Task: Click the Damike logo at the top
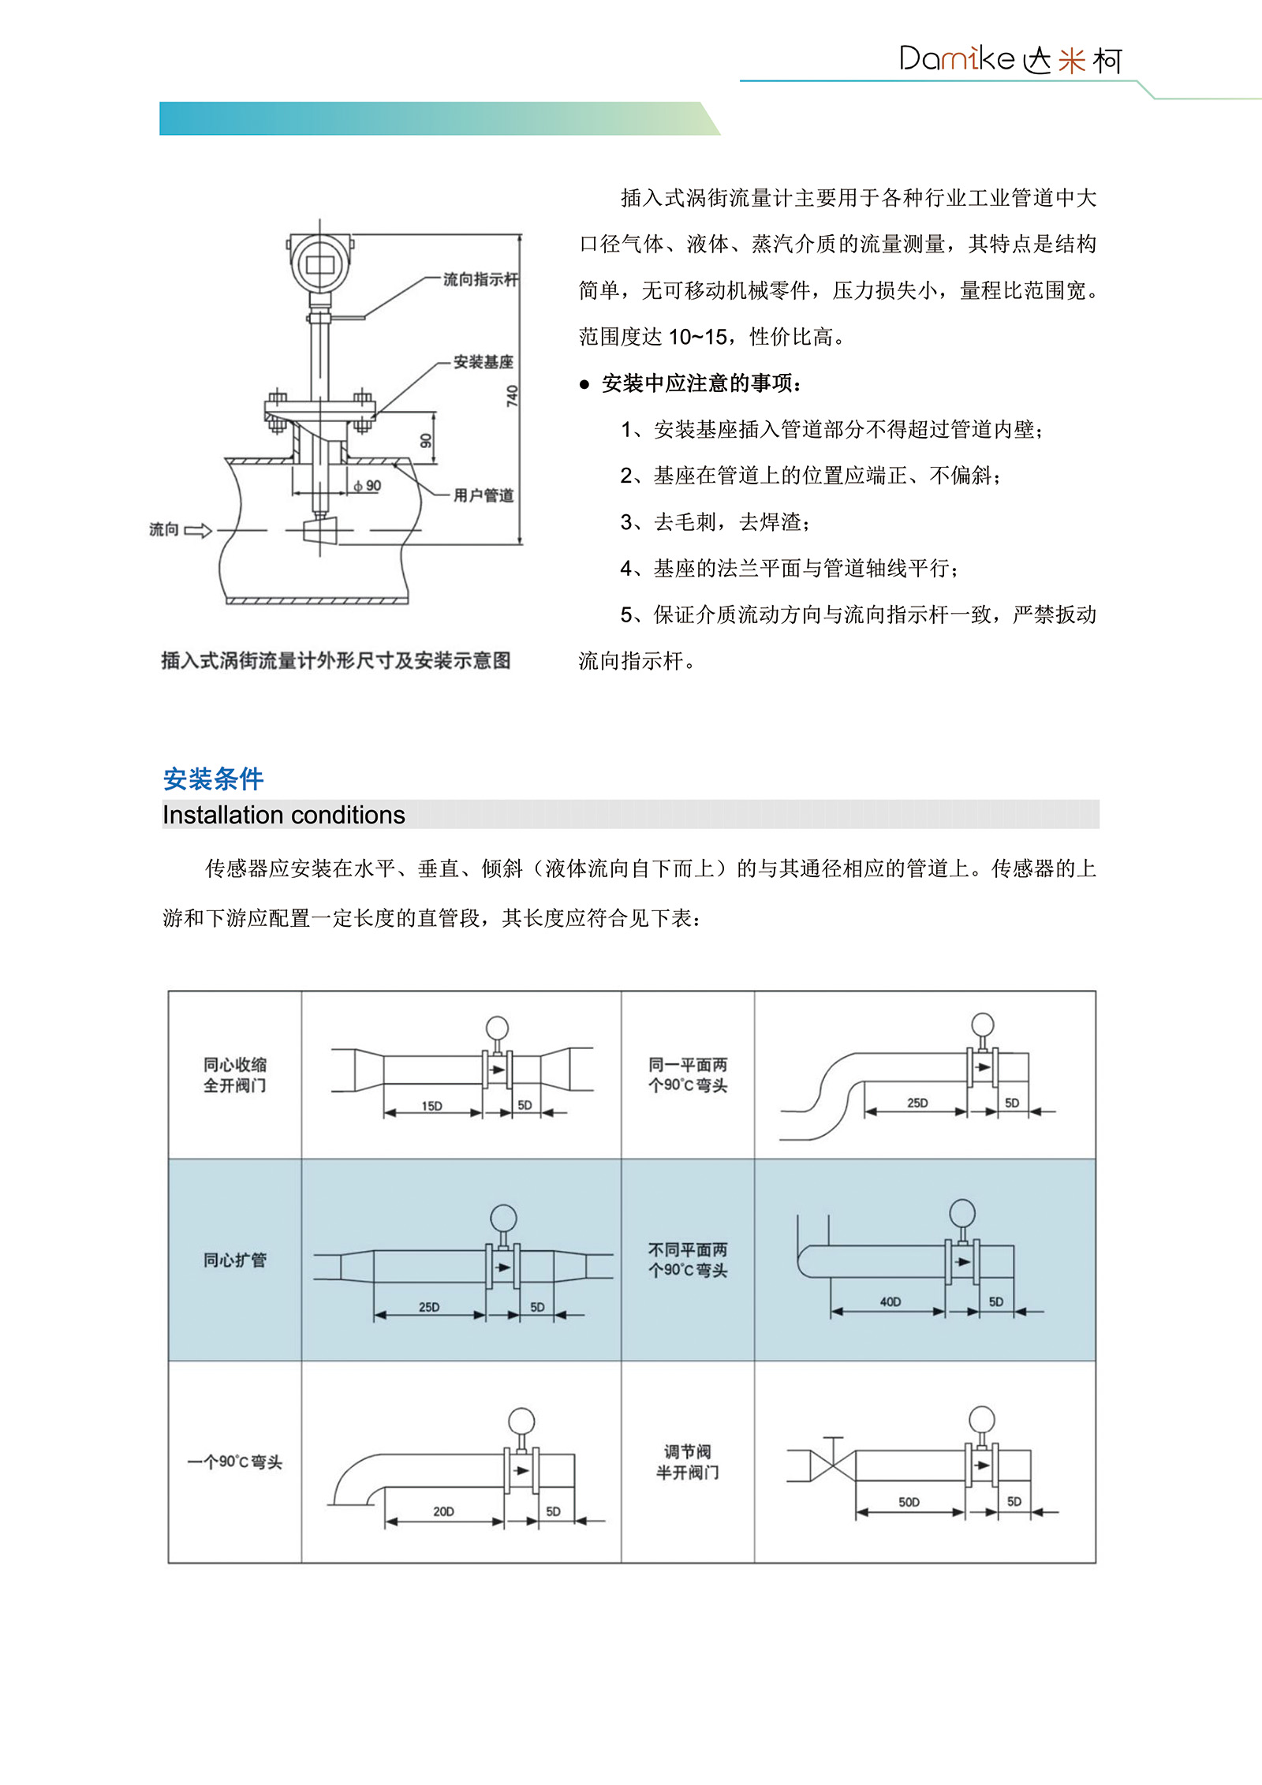(1010, 59)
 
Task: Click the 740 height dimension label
(513, 395)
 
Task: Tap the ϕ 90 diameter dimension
(368, 486)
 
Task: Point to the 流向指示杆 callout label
(480, 279)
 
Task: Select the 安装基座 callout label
(483, 362)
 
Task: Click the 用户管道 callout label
(483, 495)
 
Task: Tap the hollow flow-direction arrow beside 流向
(198, 530)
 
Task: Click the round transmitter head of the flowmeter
(319, 263)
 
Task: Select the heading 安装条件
(213, 779)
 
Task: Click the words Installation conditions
(284, 815)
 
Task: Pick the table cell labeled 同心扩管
(235, 1260)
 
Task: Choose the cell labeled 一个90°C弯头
(235, 1462)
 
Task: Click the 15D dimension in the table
(431, 1106)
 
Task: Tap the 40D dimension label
(890, 1301)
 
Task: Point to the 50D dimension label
(909, 1502)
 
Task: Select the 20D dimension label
(443, 1511)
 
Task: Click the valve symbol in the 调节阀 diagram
(833, 1466)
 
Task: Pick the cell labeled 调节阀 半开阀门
(688, 1462)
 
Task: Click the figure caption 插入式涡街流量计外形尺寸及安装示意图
(336, 660)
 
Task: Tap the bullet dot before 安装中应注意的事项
(584, 385)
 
